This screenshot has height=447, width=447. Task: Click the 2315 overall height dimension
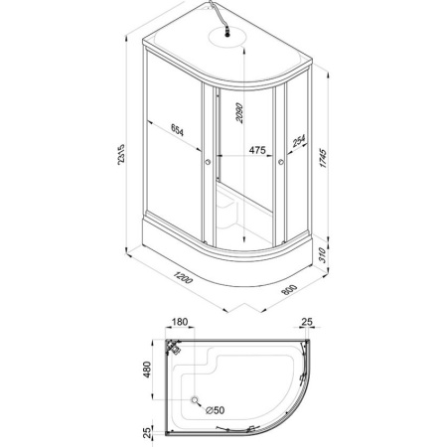click(121, 155)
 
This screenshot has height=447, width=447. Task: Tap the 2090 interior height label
click(239, 113)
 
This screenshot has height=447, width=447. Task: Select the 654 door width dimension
click(177, 129)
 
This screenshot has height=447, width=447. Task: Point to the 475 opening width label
click(257, 150)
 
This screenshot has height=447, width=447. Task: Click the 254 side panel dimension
click(299, 141)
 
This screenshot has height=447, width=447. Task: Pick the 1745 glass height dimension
click(323, 159)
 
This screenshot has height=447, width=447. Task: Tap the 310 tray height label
click(323, 255)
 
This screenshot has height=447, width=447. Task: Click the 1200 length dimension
click(183, 277)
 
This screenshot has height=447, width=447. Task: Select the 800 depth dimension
click(289, 289)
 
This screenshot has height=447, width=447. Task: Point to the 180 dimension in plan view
click(180, 322)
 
